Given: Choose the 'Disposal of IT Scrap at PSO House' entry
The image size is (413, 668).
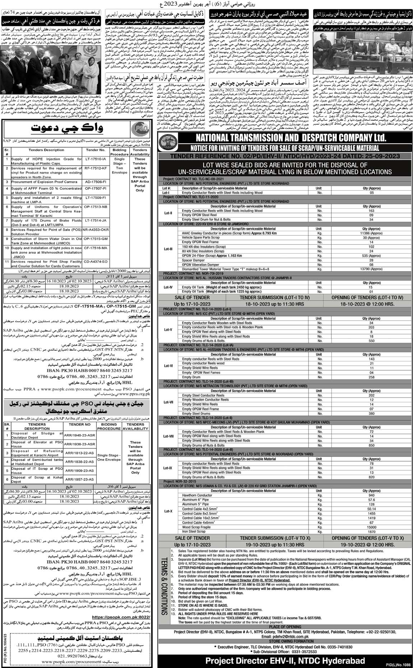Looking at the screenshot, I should (37, 470).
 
